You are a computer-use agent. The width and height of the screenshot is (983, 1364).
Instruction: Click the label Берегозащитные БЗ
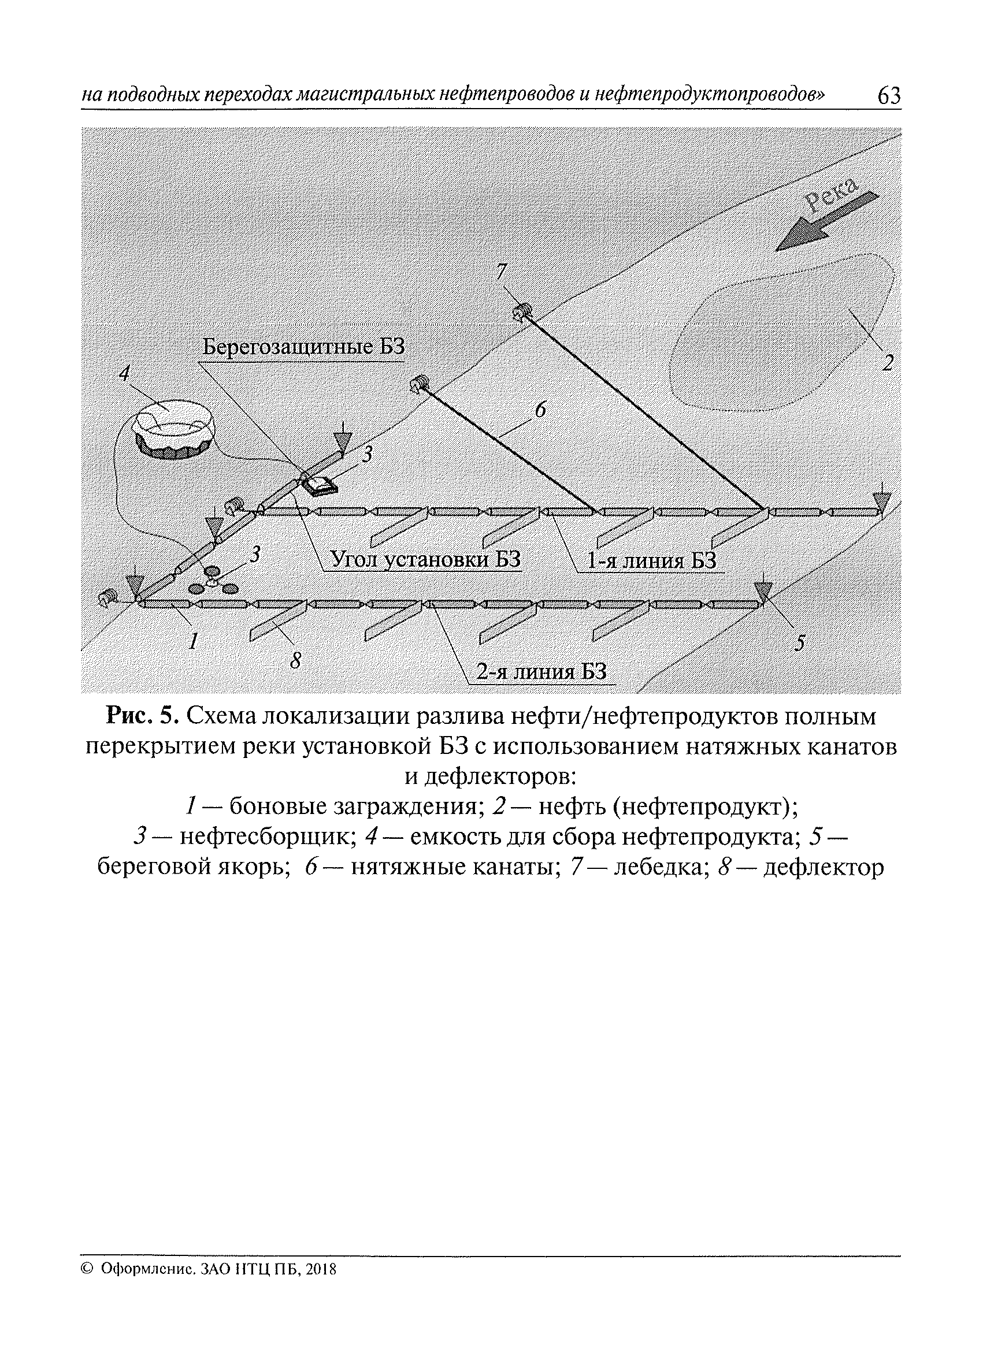tap(303, 348)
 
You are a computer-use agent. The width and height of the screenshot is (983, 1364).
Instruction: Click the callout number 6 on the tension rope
tap(540, 411)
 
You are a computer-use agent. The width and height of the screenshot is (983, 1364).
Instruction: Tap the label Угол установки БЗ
tap(425, 560)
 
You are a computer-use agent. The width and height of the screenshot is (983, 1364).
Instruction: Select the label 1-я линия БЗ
tap(651, 561)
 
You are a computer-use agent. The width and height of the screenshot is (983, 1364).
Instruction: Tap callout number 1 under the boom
tap(192, 642)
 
